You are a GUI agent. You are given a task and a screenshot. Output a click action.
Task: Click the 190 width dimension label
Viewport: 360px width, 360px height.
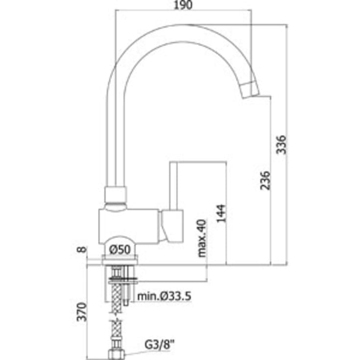click(183, 5)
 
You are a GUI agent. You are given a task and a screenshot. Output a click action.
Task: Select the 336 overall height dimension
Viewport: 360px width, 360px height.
click(281, 144)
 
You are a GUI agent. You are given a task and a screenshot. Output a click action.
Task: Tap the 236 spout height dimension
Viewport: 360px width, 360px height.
click(265, 180)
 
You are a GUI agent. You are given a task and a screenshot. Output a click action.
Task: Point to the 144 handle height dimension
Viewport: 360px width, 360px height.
click(221, 213)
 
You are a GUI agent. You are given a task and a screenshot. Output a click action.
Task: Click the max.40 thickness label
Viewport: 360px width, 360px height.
click(202, 238)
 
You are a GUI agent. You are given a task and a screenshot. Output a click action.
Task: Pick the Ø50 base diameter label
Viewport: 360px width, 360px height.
click(120, 249)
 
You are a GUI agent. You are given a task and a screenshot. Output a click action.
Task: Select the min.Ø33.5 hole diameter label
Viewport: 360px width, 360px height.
click(164, 296)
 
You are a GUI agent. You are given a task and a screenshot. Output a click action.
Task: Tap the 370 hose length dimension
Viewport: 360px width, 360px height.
click(82, 312)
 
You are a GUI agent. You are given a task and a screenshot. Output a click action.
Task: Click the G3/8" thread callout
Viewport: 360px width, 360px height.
click(160, 344)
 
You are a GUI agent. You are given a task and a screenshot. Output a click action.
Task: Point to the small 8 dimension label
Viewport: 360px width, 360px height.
click(82, 249)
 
